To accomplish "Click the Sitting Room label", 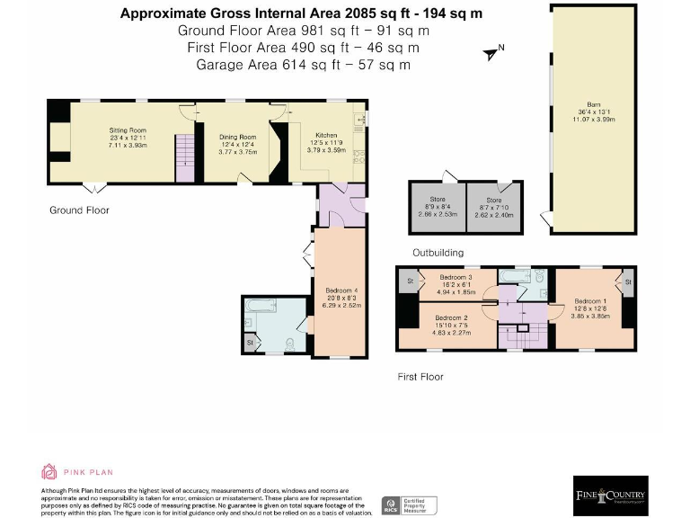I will click(128, 131).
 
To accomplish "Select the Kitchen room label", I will click(325, 135).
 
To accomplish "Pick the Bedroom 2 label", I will click(451, 317).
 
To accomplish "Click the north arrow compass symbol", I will click(492, 52).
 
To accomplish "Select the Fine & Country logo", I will click(611, 496).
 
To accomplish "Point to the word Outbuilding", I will click(438, 253).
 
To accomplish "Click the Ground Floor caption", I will click(79, 210).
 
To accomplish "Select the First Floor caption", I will click(420, 377).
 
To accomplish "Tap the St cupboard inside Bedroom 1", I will click(628, 282).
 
